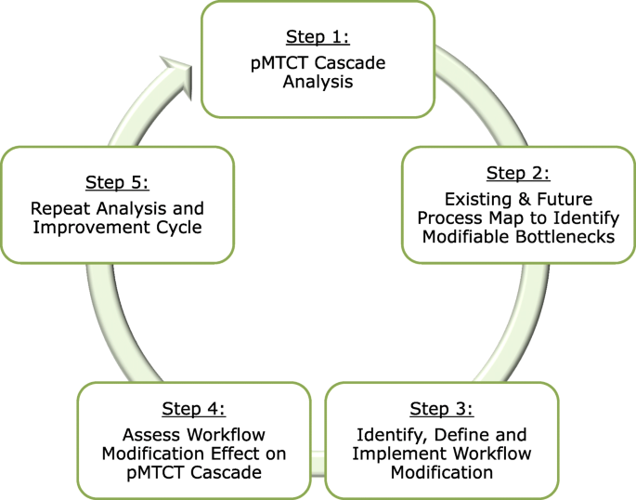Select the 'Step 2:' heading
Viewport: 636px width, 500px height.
(518, 173)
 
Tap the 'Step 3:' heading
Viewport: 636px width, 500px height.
(441, 409)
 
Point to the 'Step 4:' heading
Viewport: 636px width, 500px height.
(193, 409)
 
